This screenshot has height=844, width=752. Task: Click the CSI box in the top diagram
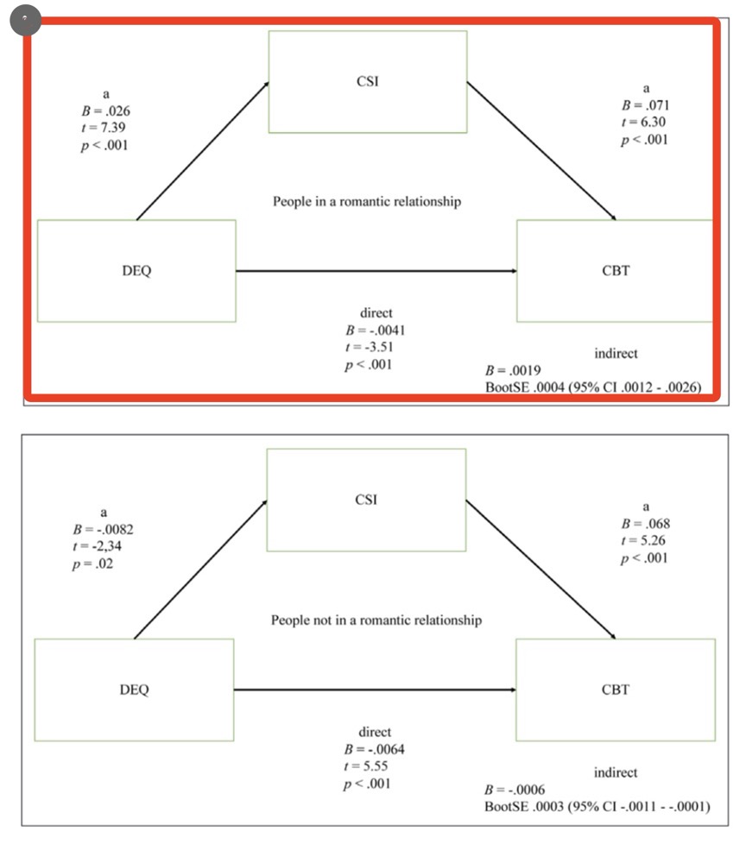point(367,82)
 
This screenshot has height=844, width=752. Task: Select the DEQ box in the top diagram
point(136,271)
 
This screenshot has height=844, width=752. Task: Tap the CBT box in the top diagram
point(615,271)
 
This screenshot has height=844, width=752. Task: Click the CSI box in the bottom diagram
point(366,501)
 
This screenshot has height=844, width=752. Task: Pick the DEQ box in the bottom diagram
point(134,690)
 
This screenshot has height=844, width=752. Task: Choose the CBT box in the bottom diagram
point(616,690)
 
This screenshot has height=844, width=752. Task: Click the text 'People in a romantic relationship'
point(367,201)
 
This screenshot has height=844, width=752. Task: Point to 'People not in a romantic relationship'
point(376,620)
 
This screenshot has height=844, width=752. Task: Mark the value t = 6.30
point(644,122)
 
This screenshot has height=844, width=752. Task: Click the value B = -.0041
point(375,330)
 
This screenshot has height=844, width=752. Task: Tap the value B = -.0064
point(375,749)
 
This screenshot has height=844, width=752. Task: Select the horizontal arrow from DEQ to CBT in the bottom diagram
point(375,690)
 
